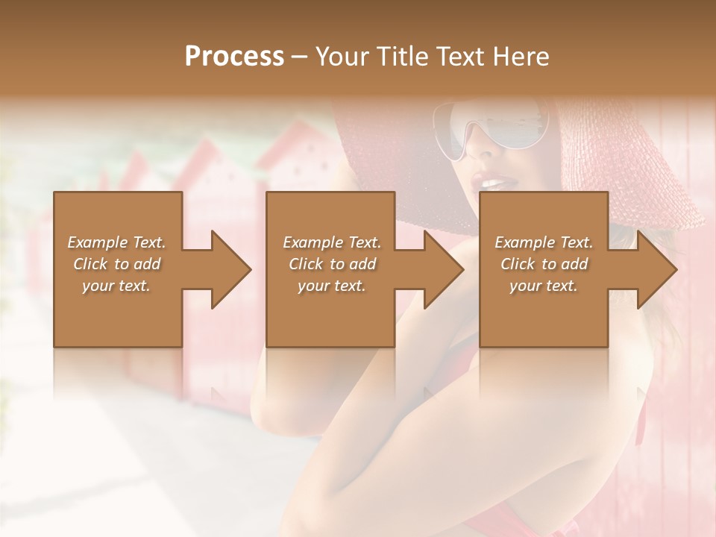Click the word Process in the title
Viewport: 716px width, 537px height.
point(234,57)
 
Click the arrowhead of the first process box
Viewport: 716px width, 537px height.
point(231,269)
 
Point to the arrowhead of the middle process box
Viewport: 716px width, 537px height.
point(444,269)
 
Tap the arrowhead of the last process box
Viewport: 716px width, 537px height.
point(657,269)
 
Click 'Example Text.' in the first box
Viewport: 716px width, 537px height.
point(116,242)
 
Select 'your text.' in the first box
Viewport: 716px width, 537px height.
point(116,286)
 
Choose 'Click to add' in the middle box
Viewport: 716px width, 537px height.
point(332,264)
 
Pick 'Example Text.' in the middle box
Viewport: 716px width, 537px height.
point(332,242)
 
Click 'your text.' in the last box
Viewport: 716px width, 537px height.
point(544,286)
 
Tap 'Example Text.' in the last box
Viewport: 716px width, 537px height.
point(544,242)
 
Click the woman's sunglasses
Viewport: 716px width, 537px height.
point(492,131)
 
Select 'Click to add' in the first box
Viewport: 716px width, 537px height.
point(116,264)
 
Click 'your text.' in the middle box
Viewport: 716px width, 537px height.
point(332,286)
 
